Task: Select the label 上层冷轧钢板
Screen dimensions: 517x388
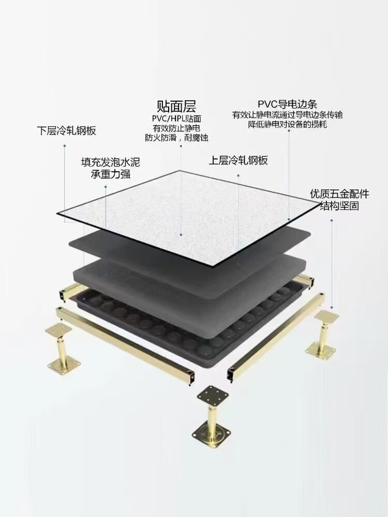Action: [238, 160]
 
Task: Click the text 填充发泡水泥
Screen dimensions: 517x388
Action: [110, 162]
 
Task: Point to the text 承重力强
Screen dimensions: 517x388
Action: [110, 175]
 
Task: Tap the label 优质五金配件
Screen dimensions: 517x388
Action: [339, 194]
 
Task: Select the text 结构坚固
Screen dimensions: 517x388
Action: [339, 206]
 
